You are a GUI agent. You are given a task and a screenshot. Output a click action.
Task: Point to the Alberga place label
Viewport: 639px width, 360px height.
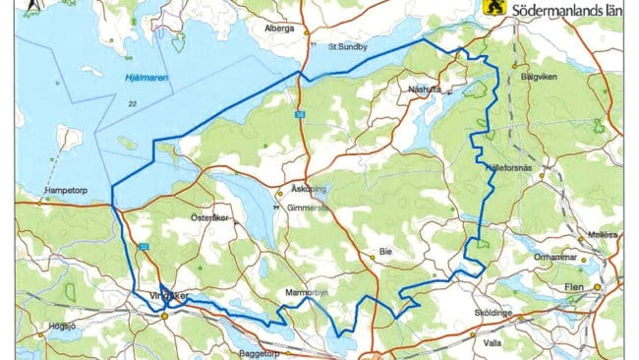coord(279,30)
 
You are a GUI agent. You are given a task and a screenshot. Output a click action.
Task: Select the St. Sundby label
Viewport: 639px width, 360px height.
coord(346,46)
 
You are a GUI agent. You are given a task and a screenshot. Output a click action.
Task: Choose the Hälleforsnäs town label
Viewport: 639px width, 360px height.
coord(509,167)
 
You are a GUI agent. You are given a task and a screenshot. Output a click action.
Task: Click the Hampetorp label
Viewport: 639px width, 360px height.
coord(68,192)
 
